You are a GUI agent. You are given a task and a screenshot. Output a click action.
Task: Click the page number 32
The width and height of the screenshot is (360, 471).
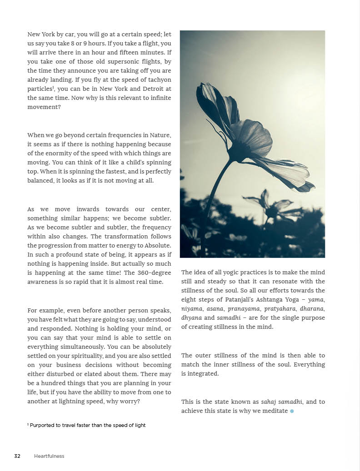pos(17,456)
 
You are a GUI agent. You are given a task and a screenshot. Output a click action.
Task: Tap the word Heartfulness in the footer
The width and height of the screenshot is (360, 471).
pos(49,456)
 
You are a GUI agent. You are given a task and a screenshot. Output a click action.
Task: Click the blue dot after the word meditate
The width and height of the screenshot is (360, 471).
pos(292,411)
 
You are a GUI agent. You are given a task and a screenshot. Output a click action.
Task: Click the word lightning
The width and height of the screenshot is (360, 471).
pos(96,402)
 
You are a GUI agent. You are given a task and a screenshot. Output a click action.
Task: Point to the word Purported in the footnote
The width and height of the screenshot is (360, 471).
pos(43,425)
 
